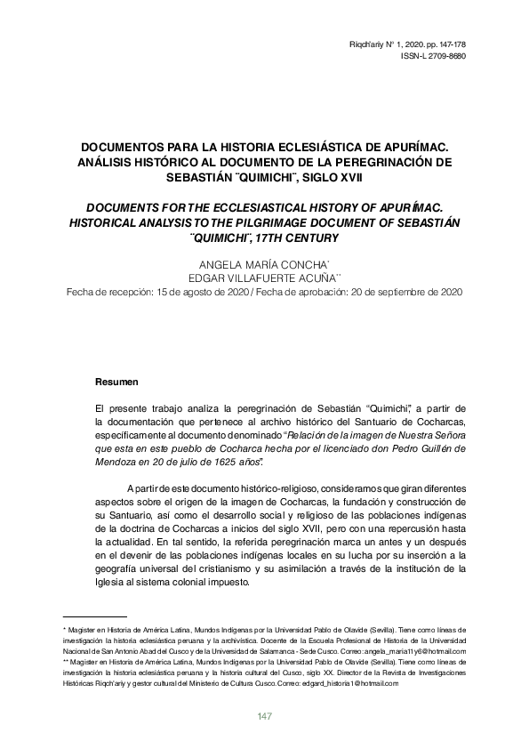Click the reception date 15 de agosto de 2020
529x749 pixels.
point(198,293)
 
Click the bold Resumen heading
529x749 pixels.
point(116,382)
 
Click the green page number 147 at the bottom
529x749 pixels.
point(264,717)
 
